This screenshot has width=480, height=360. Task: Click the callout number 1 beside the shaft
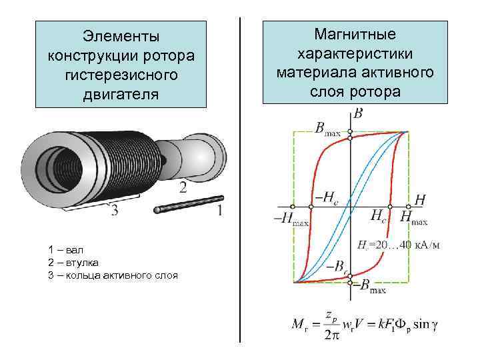coord(220,211)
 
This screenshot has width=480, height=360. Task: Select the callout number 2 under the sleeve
coord(183,189)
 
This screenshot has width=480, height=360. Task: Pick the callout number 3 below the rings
coord(114,212)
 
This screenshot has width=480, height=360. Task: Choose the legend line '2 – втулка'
coord(74,262)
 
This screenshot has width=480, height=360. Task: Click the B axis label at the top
coord(358,114)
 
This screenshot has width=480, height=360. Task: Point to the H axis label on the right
coord(420,199)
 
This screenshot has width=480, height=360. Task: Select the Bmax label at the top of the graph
coord(327,127)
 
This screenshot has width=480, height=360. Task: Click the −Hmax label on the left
coord(291,219)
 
